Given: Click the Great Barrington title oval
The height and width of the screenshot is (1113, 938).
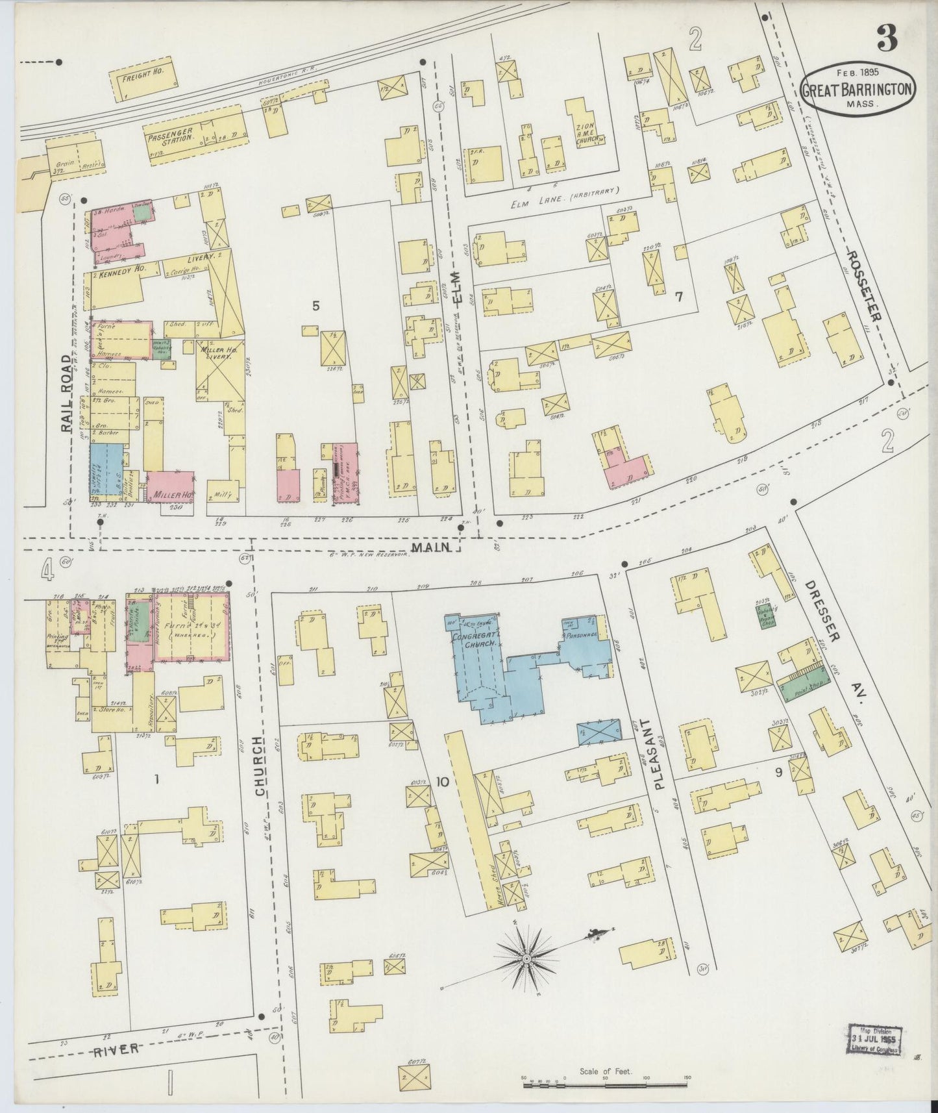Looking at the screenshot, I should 858,90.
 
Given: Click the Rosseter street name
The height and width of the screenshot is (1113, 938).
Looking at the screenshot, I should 863,286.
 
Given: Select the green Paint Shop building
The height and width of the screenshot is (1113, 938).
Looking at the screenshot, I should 803,688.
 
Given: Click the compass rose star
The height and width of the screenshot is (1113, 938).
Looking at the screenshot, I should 526,958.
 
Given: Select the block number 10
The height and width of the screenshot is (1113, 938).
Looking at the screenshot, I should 442,782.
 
